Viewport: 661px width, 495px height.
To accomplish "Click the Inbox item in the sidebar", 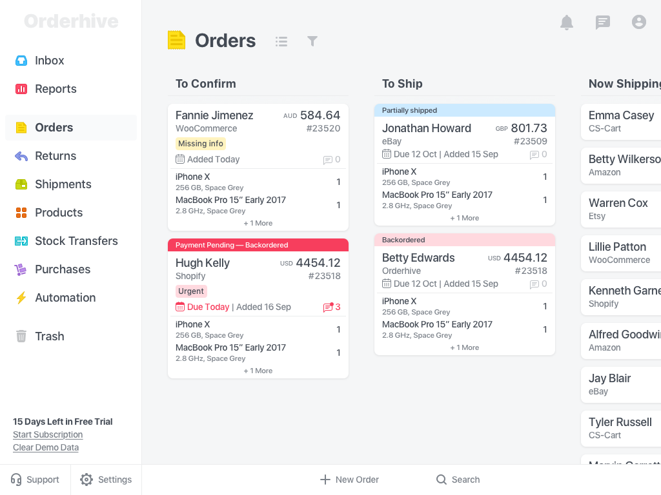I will click(x=49, y=61).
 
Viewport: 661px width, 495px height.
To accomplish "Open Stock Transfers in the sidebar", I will click(x=76, y=241).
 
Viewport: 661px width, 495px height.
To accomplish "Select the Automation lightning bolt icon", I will click(x=21, y=298).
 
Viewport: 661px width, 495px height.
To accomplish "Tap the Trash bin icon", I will click(x=21, y=336).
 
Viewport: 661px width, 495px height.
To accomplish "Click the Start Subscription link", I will click(x=48, y=435).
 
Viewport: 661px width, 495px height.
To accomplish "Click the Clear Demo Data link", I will click(x=46, y=448).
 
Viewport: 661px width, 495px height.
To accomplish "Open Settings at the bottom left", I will click(x=106, y=480).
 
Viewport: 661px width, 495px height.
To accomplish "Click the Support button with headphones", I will click(x=35, y=480).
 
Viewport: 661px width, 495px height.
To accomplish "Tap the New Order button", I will click(x=349, y=480).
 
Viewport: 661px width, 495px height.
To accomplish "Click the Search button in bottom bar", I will click(x=458, y=480).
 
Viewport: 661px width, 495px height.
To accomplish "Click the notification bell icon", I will click(x=567, y=23).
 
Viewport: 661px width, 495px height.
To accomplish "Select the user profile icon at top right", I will click(x=639, y=23).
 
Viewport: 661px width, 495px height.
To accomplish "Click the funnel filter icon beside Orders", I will click(x=312, y=41).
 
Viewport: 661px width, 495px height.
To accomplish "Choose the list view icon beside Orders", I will click(x=281, y=41).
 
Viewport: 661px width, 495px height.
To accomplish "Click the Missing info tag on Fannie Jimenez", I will click(x=201, y=144).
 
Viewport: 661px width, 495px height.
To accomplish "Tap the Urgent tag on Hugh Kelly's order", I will click(x=191, y=291).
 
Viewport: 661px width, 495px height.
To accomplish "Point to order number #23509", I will click(x=530, y=141).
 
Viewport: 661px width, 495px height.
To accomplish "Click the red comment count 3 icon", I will click(x=332, y=307).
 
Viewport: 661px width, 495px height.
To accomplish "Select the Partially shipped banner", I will click(x=465, y=110).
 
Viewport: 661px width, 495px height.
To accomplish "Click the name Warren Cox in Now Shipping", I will click(x=618, y=203).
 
